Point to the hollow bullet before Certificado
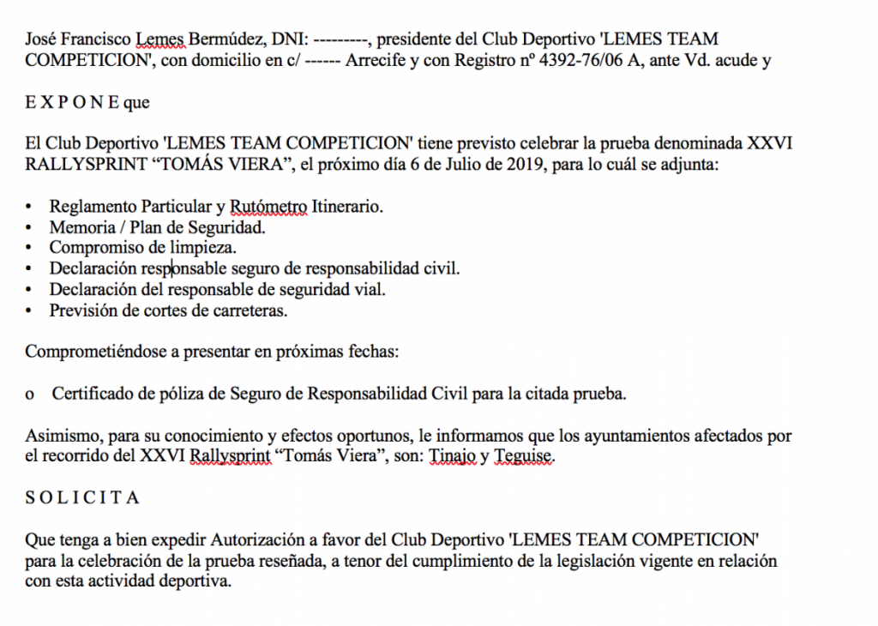click(x=30, y=394)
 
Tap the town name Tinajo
click(x=452, y=457)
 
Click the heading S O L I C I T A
click(x=82, y=498)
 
